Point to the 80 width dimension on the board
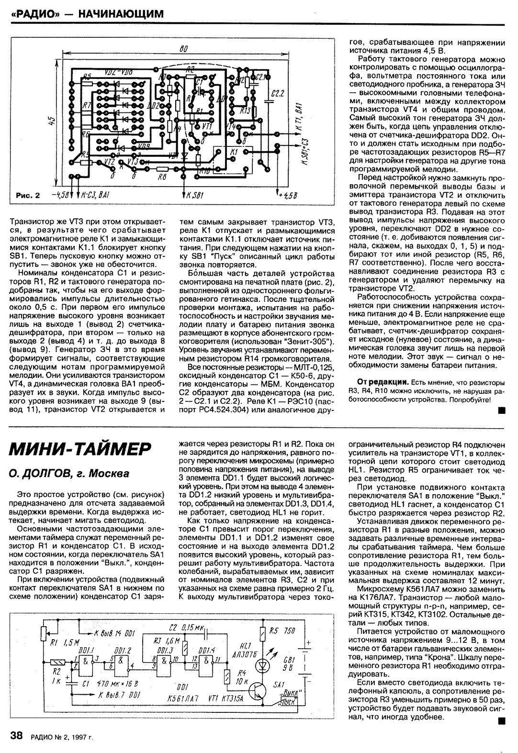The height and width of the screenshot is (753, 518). (183, 49)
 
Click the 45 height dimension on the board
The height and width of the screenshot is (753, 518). (52, 123)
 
